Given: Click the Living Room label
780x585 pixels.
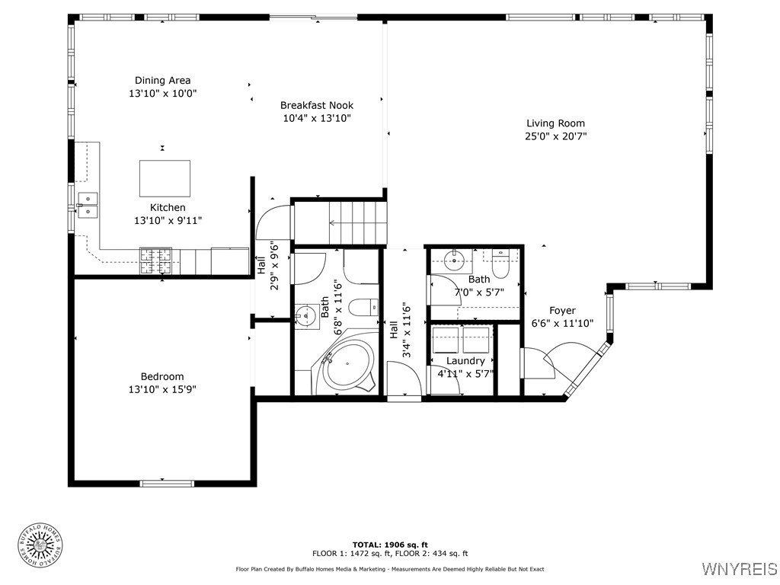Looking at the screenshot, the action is click(x=555, y=123).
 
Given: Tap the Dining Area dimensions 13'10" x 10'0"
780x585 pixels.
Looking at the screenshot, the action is click(x=163, y=93).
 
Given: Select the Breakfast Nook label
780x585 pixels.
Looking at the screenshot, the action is click(x=317, y=105).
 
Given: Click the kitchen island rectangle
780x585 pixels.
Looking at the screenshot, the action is click(x=165, y=178).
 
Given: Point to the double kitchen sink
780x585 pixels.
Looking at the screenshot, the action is click(x=88, y=206).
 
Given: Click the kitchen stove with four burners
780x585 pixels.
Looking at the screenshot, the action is click(x=155, y=261).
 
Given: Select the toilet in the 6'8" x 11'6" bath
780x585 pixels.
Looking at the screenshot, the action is click(x=363, y=308).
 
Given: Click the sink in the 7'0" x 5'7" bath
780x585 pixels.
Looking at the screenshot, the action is click(x=454, y=259).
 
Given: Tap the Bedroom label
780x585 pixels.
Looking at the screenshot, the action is click(x=162, y=376).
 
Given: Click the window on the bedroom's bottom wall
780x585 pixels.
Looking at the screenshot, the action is click(x=167, y=483).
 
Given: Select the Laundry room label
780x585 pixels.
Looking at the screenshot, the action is click(x=465, y=360).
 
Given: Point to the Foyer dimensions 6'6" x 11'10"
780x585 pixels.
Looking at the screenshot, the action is click(x=563, y=323).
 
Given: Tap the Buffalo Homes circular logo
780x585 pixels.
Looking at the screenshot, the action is click(x=40, y=547).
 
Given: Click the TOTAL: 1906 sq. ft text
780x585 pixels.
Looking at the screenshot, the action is click(x=390, y=545).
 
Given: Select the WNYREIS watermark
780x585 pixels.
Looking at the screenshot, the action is click(x=739, y=568).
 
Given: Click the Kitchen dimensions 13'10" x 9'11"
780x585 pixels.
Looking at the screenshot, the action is click(x=168, y=220).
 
